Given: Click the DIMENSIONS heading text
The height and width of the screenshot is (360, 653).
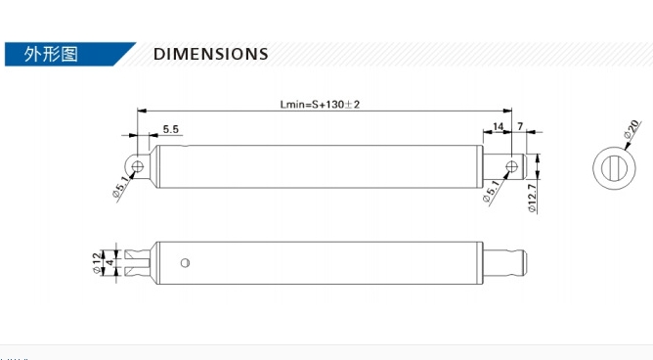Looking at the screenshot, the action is tap(211, 54).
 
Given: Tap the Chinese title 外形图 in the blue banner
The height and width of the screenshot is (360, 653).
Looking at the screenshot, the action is tap(51, 54).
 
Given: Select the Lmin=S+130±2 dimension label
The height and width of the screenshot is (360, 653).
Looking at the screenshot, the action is tap(320, 104).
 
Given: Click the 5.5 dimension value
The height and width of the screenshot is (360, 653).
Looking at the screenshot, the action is tap(171, 129).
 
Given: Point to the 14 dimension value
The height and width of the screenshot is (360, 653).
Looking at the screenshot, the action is tap(499, 126).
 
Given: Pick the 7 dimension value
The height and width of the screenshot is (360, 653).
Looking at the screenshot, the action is tap(520, 126).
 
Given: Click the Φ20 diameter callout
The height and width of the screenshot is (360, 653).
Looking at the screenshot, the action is tap(631, 129).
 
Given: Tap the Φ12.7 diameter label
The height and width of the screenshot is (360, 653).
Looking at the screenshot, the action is tap(532, 199).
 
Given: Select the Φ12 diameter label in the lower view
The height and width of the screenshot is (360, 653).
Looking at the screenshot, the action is tap(97, 263).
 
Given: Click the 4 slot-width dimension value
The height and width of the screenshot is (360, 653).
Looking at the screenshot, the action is tap(109, 263).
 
